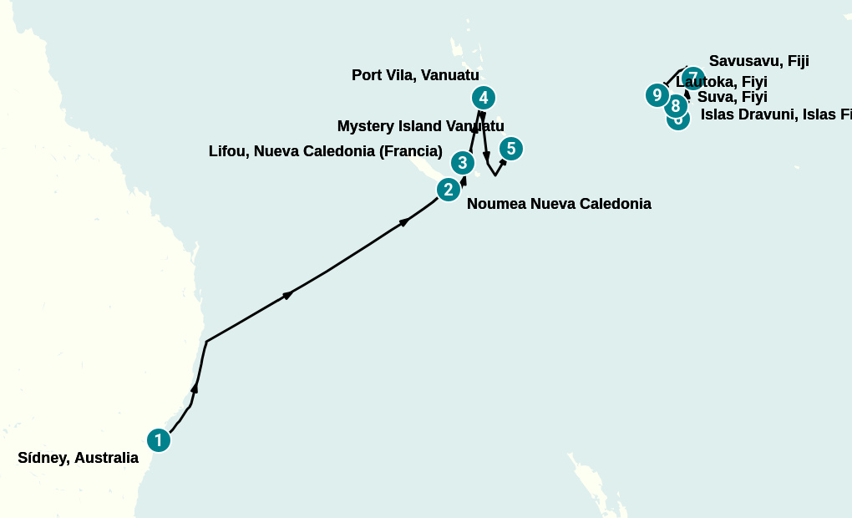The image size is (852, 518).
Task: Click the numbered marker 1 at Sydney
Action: (159, 440)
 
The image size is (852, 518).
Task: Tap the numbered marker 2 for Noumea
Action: (449, 190)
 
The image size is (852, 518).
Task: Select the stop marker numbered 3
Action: (463, 163)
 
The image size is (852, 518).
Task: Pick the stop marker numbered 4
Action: (484, 98)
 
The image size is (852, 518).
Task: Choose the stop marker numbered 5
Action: (511, 149)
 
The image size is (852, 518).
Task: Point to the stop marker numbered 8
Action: (676, 106)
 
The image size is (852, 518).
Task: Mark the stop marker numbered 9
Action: (657, 95)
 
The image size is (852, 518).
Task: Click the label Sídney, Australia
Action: (78, 458)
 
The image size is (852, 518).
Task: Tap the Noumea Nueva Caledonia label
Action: (559, 204)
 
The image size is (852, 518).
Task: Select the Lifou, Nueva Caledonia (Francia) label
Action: (325, 151)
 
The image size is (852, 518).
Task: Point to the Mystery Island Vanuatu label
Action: (420, 126)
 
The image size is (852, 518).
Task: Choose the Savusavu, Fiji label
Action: (758, 61)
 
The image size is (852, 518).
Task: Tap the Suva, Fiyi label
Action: (732, 97)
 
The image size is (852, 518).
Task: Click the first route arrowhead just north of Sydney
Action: (195, 388)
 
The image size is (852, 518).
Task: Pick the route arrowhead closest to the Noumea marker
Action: (464, 179)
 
